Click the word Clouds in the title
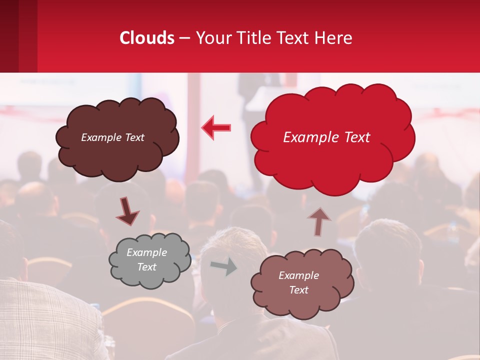(147, 38)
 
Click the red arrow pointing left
(216, 127)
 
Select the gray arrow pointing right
(223, 267)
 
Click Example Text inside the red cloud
(326, 137)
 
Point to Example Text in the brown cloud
(112, 137)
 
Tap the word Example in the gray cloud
(146, 252)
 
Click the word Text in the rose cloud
(298, 290)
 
